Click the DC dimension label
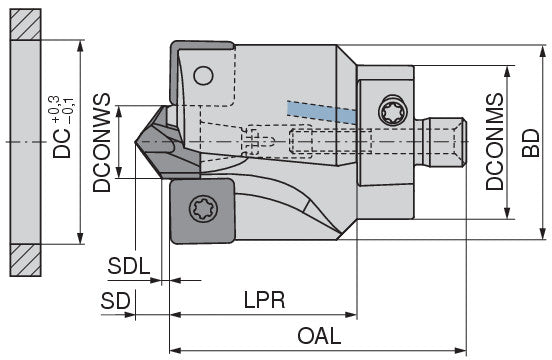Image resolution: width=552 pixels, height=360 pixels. coord(62,144)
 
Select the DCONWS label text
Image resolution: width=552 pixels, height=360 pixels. coord(102,142)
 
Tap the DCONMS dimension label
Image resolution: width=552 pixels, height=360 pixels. coord(495,141)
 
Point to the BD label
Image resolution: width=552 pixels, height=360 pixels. coord(531,143)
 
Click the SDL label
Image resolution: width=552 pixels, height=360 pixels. coord(129,266)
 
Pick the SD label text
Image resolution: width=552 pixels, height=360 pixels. coord(115,301)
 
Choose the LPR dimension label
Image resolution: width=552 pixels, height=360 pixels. coord(265,300)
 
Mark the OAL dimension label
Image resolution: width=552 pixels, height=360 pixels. coord(319,336)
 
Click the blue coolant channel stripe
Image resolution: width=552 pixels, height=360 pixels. coord(322,112)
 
